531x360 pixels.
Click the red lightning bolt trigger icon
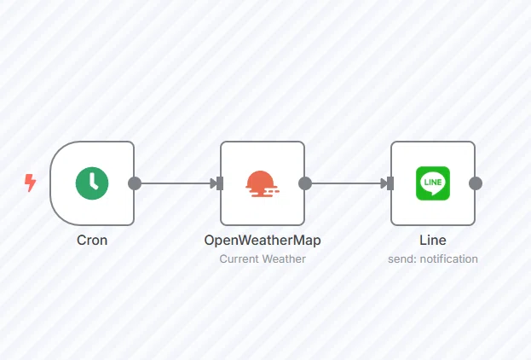pos(31,183)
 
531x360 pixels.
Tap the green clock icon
pos(92,183)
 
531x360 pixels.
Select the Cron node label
pos(92,241)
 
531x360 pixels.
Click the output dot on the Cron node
pos(135,183)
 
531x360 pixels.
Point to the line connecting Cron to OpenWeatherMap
pos(176,183)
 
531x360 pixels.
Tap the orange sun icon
pos(263,183)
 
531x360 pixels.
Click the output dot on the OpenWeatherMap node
pos(305,183)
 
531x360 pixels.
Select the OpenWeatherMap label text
pos(263,241)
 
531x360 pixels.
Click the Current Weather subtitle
pos(263,259)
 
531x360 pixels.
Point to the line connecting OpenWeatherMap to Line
pos(346,183)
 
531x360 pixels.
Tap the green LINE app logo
pos(433,183)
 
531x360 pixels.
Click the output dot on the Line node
pos(476,183)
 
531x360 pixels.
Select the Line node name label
pos(433,241)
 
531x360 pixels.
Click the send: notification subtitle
pos(433,259)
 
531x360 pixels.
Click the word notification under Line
pos(448,259)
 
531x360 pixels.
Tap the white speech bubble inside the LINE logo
pos(433,183)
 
